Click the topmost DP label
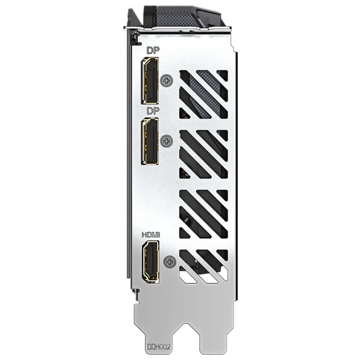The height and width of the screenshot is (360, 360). point(153,50)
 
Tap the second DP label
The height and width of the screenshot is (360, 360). point(153,111)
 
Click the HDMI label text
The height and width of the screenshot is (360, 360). point(151,235)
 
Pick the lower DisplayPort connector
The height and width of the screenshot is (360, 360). point(150,141)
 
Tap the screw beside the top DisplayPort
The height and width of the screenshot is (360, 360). point(166,80)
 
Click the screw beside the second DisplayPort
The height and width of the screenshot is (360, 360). point(166,141)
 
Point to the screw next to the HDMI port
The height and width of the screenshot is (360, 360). point(170,262)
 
